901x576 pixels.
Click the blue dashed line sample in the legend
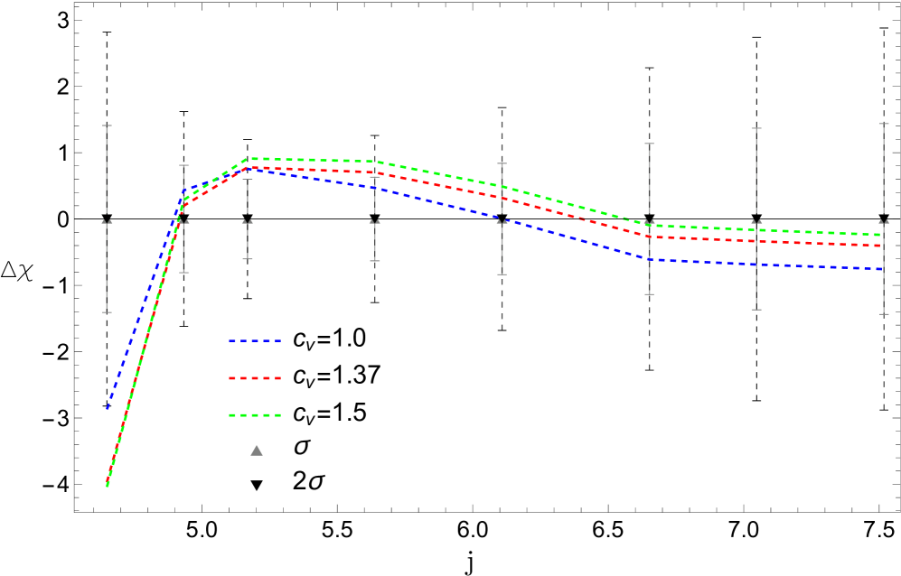[255, 341]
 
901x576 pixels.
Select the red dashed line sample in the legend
[255, 378]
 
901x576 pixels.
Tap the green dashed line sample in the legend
[255, 415]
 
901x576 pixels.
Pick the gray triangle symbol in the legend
[257, 451]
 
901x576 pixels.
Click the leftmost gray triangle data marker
[107, 221]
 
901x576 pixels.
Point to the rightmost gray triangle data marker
[883, 221]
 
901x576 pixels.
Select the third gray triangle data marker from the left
[248, 221]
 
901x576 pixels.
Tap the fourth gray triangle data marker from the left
[374, 221]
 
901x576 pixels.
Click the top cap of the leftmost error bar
[107, 125]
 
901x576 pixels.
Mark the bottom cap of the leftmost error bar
[107, 312]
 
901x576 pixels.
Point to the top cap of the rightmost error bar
[883, 124]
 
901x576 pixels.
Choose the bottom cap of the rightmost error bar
[883, 314]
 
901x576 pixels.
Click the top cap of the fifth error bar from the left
[502, 163]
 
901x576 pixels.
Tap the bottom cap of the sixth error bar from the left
[649, 294]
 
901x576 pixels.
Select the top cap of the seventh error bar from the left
[756, 128]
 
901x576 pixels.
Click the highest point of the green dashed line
[252, 159]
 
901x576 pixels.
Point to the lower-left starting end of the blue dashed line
[108, 408]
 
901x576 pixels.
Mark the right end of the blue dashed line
[881, 269]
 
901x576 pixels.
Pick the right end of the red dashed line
[881, 246]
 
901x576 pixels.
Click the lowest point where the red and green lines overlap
[108, 485]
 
